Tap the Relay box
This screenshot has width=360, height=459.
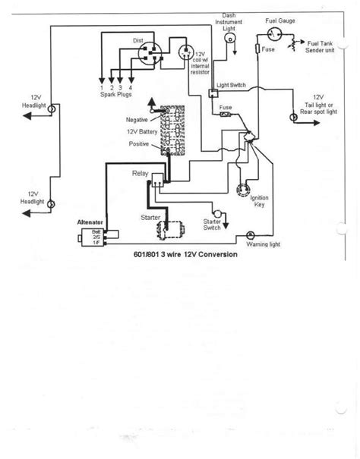click(x=157, y=179)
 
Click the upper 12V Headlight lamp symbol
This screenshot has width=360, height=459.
click(x=51, y=110)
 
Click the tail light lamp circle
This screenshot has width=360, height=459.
click(x=292, y=118)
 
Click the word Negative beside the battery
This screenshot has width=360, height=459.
click(x=137, y=120)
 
